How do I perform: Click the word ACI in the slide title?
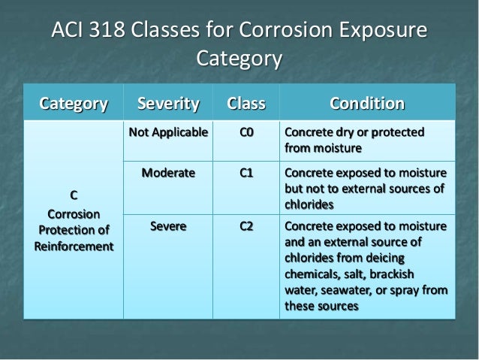pos(67,32)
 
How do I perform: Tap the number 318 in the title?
pos(107,32)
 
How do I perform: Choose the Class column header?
pos(244,103)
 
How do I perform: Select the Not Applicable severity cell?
pos(168,133)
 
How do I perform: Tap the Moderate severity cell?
pos(168,173)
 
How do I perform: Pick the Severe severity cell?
pos(168,226)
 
